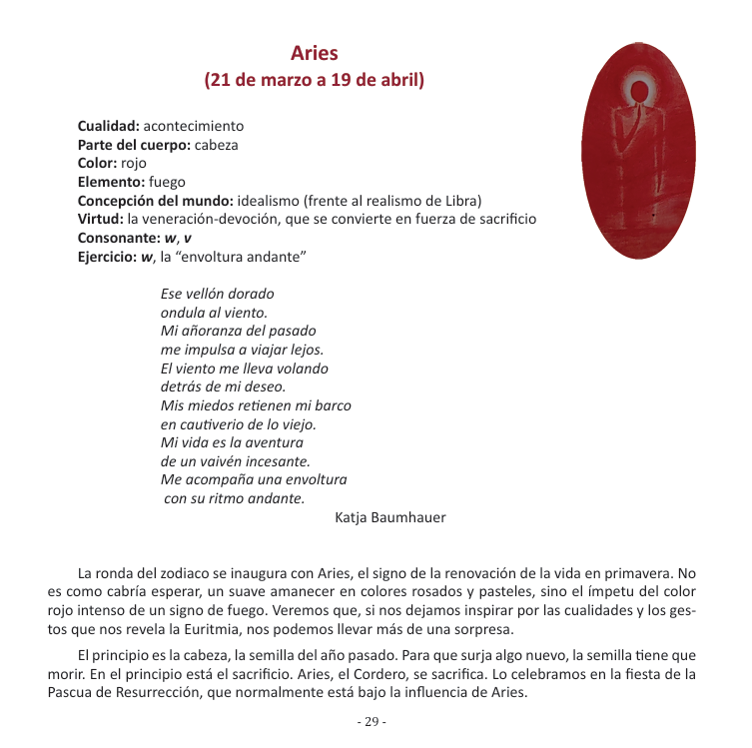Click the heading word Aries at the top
pos(315,53)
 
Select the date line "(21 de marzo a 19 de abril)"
pos(315,80)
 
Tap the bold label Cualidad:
pos(109,127)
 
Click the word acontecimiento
pos(194,127)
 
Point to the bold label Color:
pos(97,163)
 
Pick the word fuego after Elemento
pos(166,181)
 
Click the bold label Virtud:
pos(101,218)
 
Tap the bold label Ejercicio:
pos(108,256)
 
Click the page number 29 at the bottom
pos(372,722)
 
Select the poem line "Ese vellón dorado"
pos(218,294)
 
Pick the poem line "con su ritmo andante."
pos(235,498)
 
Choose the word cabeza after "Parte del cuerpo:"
pos(216,145)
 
